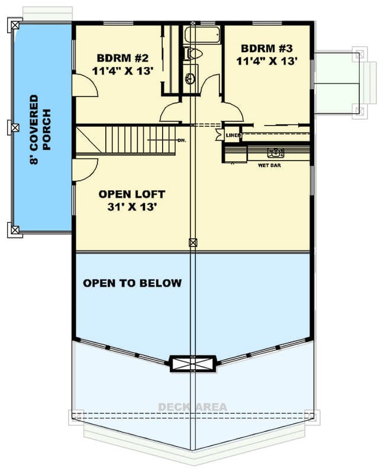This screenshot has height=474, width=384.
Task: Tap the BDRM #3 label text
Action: tap(267, 48)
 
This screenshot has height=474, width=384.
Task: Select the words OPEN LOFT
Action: tap(131, 194)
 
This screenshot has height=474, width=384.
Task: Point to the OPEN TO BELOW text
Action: tap(132, 283)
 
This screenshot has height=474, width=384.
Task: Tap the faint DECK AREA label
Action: tap(192, 407)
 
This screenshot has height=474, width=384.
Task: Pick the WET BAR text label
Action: tap(269, 165)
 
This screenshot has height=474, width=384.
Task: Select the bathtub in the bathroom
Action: tap(202, 34)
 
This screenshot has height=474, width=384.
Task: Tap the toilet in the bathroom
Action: tap(192, 54)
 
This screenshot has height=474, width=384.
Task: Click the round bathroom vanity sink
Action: tap(190, 78)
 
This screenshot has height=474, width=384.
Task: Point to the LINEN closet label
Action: tap(232, 136)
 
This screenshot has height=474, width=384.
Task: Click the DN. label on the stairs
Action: tap(182, 140)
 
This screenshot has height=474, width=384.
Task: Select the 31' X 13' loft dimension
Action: tap(131, 207)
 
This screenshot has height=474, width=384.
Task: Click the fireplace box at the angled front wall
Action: tap(192, 363)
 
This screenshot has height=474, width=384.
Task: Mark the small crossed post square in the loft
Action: tap(192, 242)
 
